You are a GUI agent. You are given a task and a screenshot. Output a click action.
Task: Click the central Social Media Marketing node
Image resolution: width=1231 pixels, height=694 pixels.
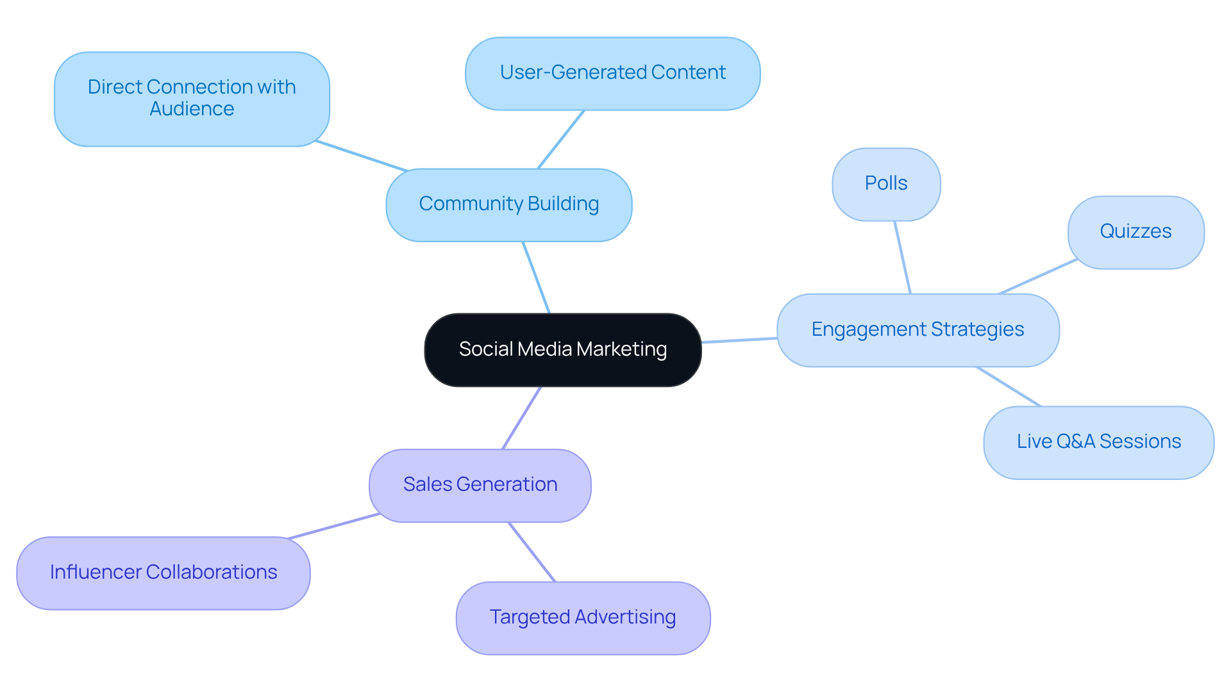point(563,350)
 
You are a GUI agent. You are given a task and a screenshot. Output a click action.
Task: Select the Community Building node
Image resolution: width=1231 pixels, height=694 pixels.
point(508,205)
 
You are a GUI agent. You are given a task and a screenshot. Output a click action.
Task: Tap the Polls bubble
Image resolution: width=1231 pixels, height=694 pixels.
point(886,185)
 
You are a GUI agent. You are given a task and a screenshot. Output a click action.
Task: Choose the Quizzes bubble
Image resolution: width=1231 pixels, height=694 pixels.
point(1135,232)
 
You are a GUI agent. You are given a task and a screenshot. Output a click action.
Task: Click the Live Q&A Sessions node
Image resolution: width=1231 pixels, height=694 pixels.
point(1098,442)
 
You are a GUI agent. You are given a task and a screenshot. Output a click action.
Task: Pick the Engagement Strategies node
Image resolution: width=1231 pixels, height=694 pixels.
point(917,330)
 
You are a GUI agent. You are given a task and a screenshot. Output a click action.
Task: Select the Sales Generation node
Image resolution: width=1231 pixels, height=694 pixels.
point(480,485)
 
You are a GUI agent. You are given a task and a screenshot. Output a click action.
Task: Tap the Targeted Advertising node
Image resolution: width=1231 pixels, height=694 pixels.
point(583,618)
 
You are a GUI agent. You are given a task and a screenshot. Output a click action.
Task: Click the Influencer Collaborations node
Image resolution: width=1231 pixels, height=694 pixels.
point(163,573)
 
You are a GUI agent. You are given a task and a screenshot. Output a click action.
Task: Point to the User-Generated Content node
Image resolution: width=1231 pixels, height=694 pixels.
point(612,73)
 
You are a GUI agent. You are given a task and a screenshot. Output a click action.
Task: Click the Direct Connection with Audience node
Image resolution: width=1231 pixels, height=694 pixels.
point(192,99)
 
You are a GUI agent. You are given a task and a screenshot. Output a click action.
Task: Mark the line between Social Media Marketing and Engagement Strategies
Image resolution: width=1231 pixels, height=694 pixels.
point(739,340)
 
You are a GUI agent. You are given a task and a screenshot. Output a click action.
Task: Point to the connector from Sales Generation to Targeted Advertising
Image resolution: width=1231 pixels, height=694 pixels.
point(532,552)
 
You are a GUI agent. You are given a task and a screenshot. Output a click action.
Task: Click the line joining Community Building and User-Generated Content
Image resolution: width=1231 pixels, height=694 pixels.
point(561,139)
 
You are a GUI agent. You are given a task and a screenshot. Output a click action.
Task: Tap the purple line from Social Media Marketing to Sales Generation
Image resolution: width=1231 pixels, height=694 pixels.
point(522,418)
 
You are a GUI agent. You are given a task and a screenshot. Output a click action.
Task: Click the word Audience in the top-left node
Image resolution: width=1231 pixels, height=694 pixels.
point(192,110)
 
